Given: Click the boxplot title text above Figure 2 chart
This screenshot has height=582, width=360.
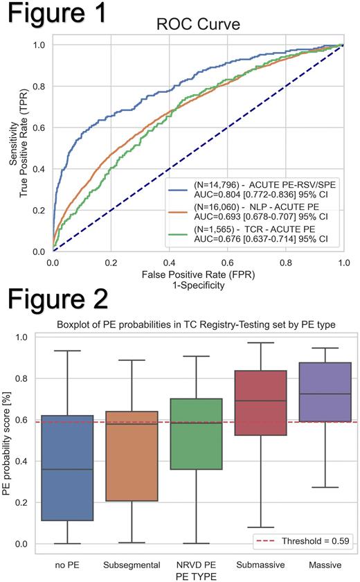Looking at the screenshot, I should coord(199,326).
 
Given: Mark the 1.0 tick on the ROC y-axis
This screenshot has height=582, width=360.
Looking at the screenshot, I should coord(41,44).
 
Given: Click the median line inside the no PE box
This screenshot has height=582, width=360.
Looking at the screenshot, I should coord(67,469).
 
